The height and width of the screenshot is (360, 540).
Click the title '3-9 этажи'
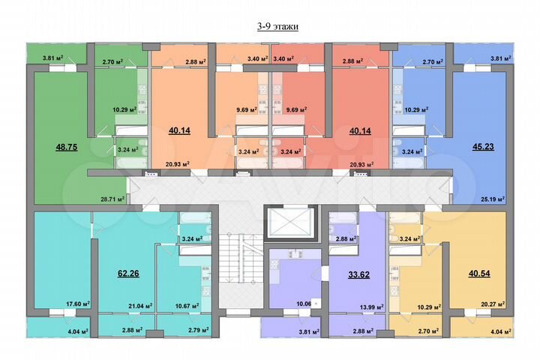277,27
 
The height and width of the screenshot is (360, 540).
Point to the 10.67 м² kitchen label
187,306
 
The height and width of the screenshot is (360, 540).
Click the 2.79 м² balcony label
187,330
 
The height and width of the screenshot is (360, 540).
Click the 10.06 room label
303,304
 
